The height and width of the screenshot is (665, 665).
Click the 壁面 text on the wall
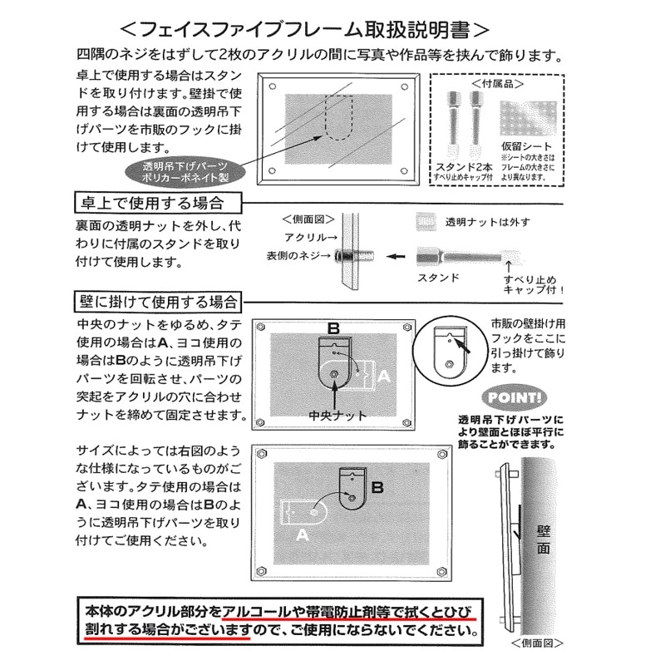(544, 539)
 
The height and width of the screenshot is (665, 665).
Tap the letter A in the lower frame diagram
(300, 535)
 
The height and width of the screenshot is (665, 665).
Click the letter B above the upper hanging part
(333, 328)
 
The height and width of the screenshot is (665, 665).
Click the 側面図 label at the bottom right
(538, 643)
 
